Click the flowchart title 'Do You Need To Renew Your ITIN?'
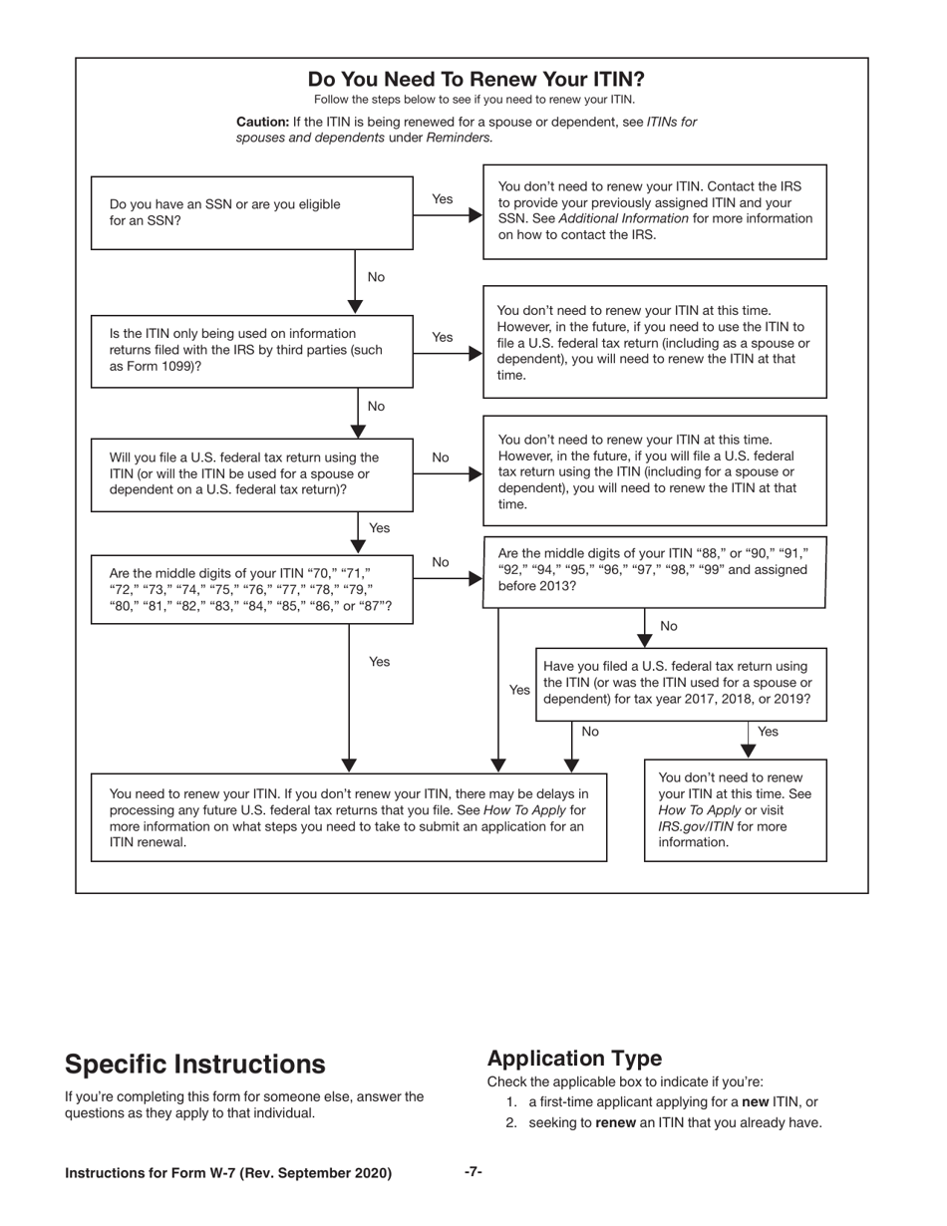475,80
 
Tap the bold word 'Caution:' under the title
262,122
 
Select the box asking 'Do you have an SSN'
251,212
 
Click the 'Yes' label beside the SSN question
443,199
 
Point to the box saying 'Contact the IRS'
655,211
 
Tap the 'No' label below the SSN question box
376,277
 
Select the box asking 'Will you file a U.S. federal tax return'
251,474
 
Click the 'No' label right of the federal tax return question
441,458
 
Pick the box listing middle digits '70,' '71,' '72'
251,590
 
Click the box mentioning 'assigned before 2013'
655,569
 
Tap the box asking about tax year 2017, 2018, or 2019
681,683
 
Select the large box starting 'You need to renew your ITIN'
349,818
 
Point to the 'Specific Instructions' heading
194,1064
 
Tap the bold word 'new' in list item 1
755,1102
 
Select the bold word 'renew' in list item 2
616,1123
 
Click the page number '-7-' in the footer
473,1172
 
